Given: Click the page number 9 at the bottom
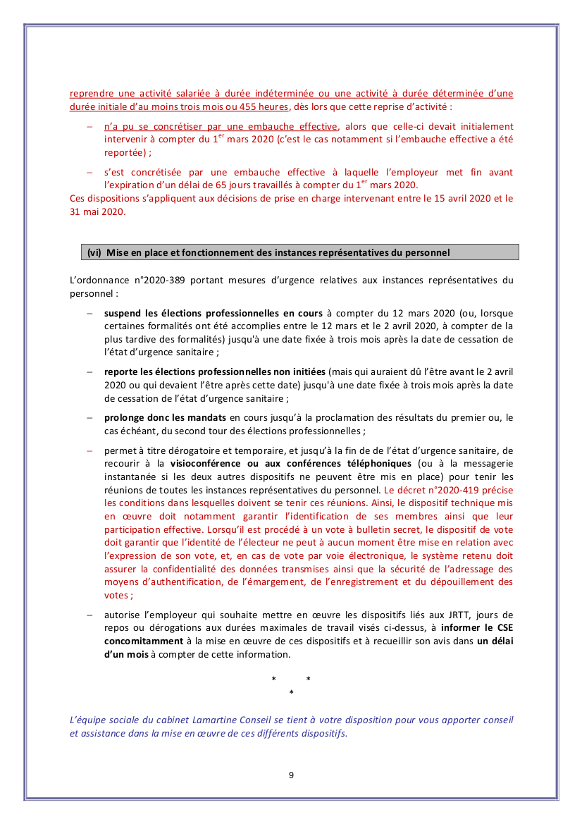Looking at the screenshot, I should click(291, 775).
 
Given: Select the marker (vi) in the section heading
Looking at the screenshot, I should click(94, 252).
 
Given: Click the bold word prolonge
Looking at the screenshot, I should click(126, 418).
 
